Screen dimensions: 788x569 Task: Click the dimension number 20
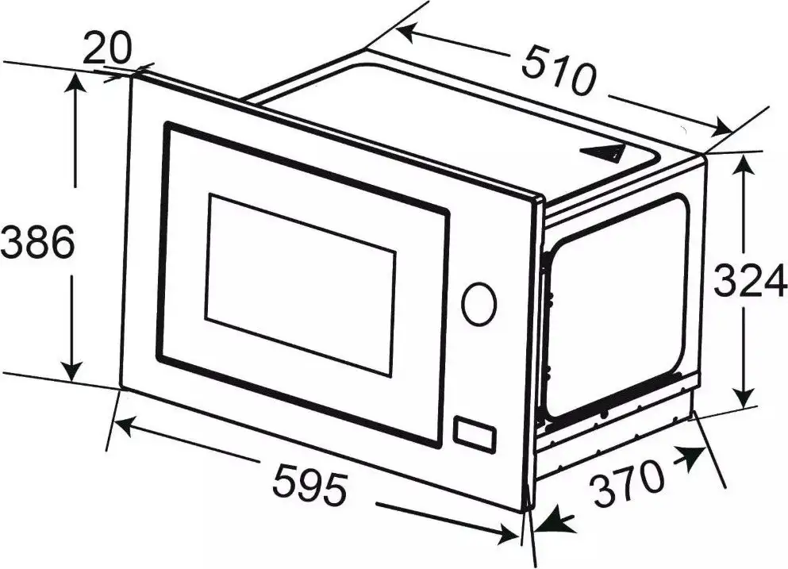pyautogui.click(x=106, y=48)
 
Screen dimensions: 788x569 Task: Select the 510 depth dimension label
pyautogui.click(x=558, y=70)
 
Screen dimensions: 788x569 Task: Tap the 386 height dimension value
pyautogui.click(x=37, y=242)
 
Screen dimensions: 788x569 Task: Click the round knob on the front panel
pyautogui.click(x=479, y=304)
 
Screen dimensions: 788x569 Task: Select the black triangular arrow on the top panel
pyautogui.click(x=602, y=152)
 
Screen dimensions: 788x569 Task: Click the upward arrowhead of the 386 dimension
pyautogui.click(x=75, y=82)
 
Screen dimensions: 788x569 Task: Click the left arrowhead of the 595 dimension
pyautogui.click(x=123, y=424)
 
